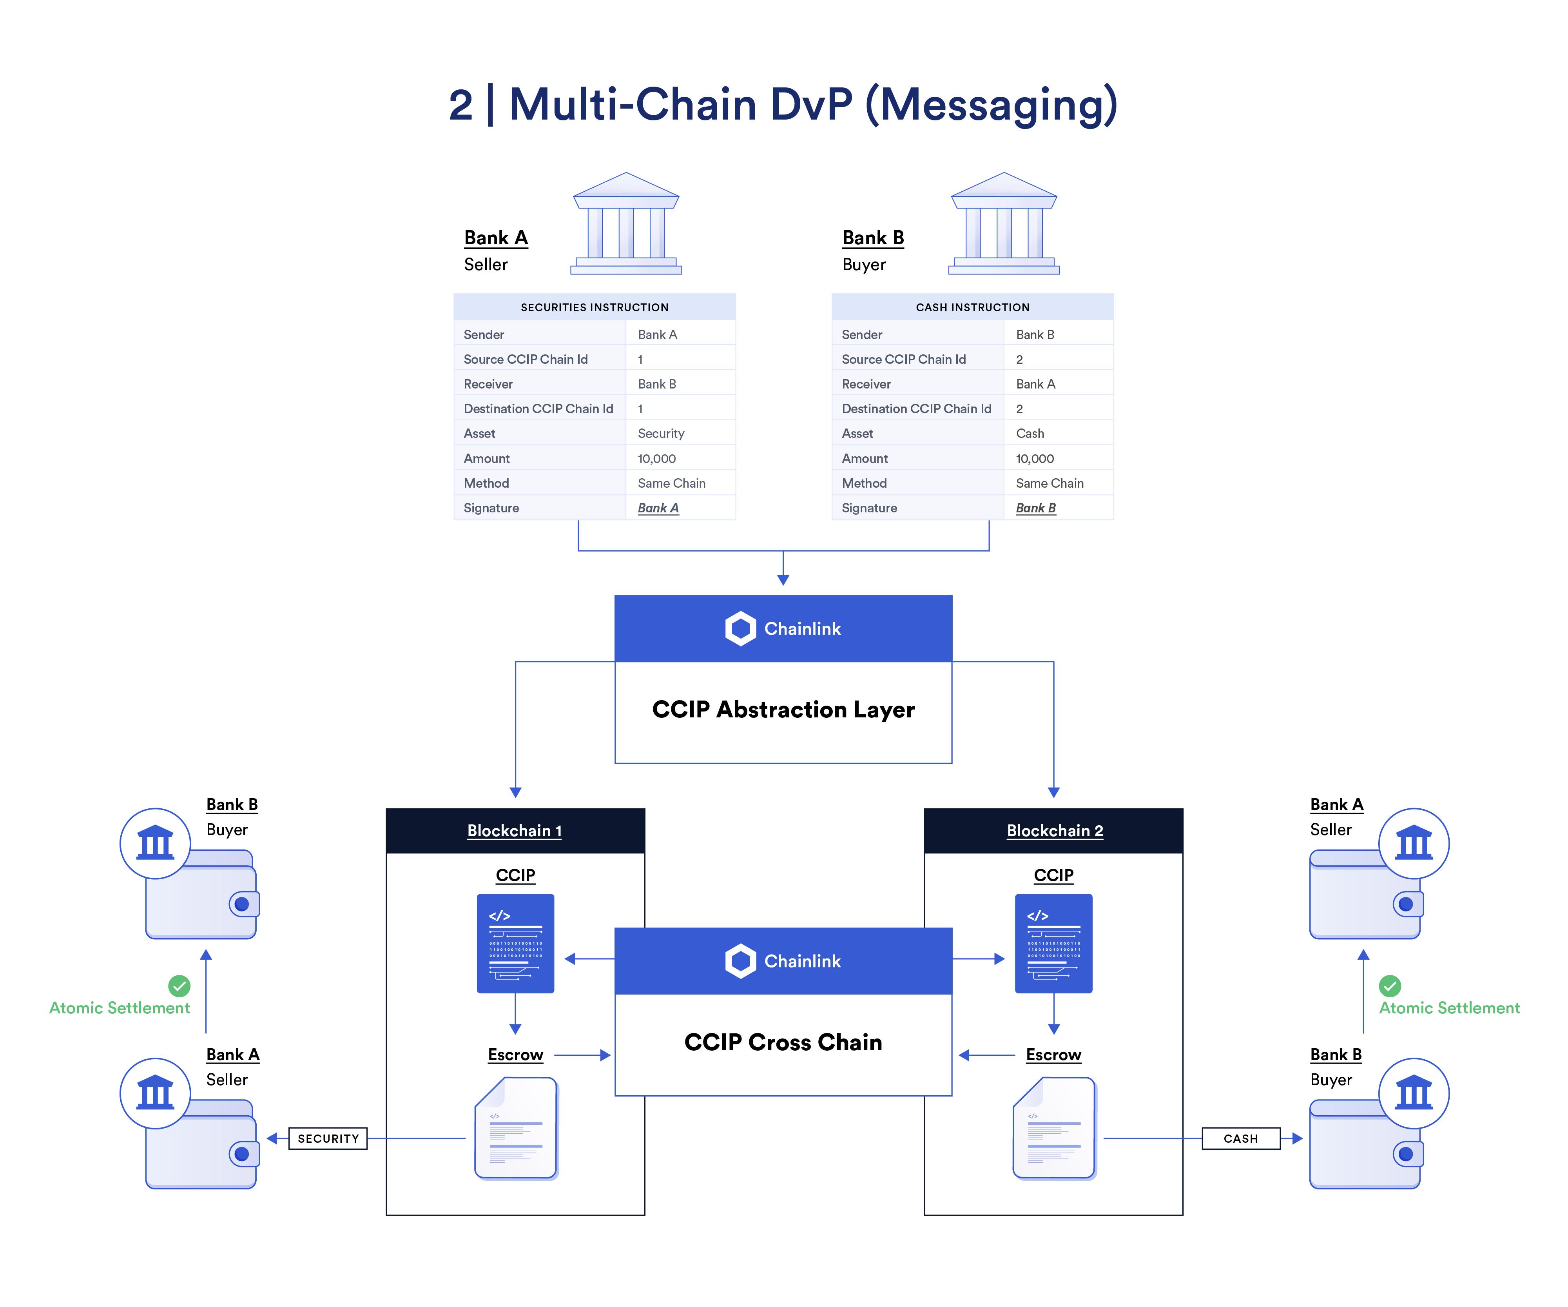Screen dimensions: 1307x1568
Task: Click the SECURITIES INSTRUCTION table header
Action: tap(595, 307)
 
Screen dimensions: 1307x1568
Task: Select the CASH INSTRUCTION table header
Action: tap(972, 307)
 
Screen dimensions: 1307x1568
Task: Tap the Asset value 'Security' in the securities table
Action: tap(661, 433)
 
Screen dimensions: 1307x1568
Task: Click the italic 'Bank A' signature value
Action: tap(658, 508)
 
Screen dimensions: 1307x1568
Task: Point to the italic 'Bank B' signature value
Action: tap(1036, 508)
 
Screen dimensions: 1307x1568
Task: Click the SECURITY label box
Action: tap(328, 1138)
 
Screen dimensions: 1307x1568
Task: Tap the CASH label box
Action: tap(1240, 1138)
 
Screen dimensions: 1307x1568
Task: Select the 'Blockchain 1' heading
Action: tap(515, 831)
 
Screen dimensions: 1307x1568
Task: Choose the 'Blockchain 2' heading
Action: tap(1054, 831)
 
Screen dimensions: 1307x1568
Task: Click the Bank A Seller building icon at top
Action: tap(626, 224)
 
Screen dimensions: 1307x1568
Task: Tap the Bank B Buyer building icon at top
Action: tap(1004, 224)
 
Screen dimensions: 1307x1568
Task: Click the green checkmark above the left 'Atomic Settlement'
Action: tap(179, 986)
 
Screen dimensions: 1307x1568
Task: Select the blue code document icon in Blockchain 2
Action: tap(1053, 943)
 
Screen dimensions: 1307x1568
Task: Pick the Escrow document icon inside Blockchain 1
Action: tap(516, 1128)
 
